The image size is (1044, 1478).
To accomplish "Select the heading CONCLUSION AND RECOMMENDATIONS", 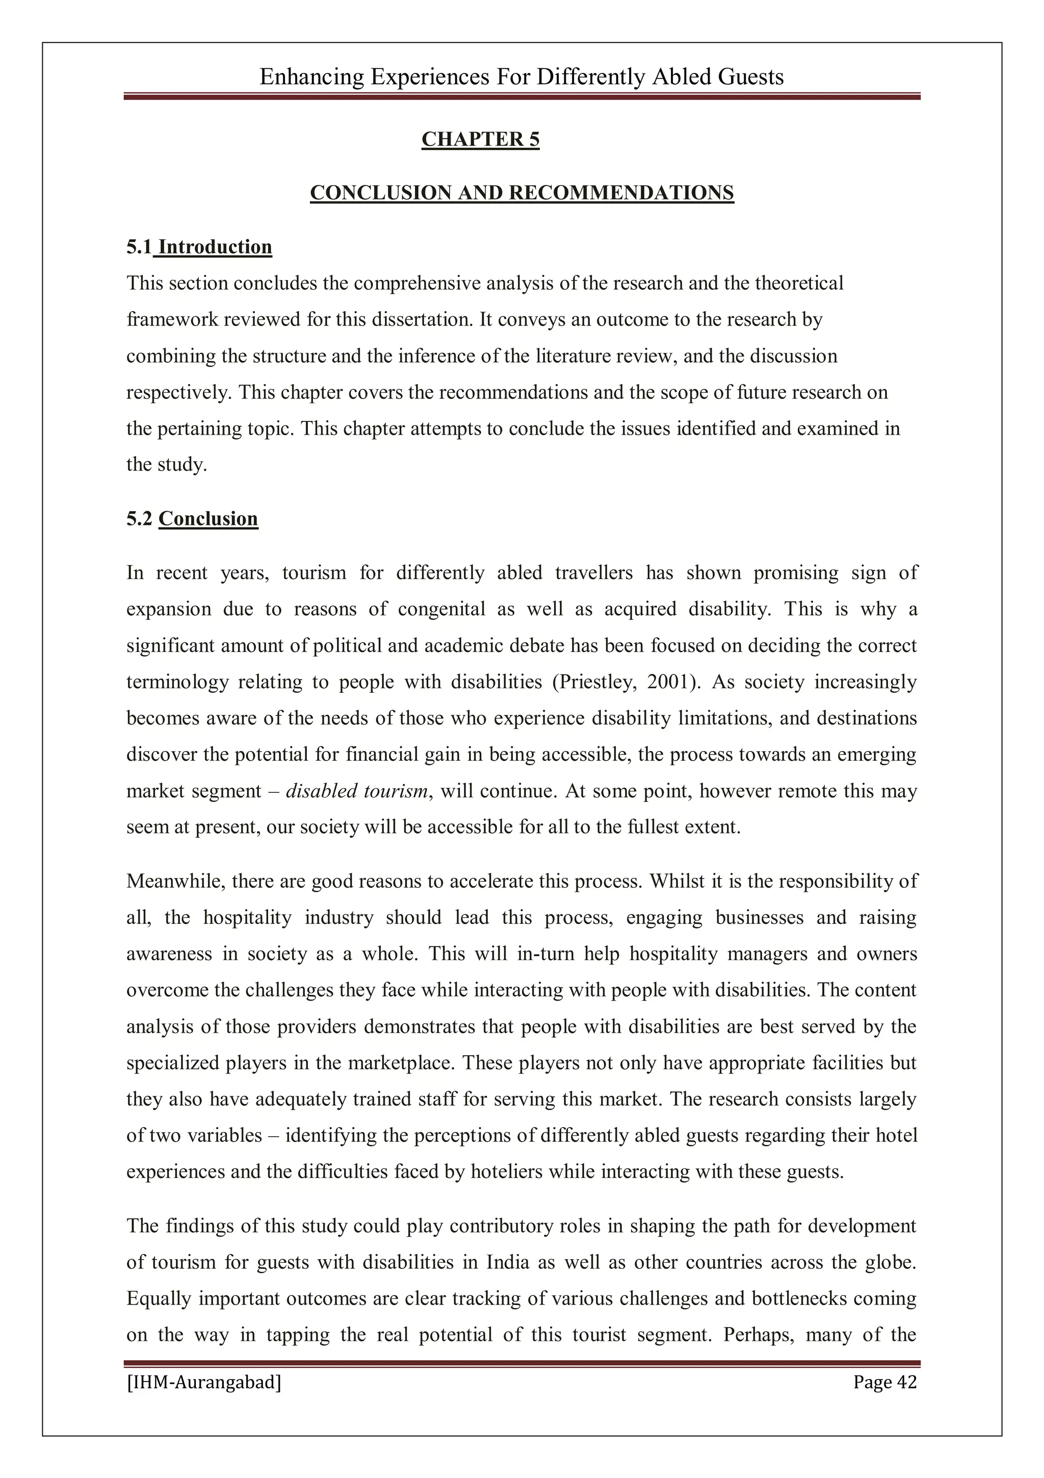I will point(521,193).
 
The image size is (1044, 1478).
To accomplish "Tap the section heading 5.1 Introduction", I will point(199,247).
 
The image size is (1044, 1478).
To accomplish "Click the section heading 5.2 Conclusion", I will point(192,519).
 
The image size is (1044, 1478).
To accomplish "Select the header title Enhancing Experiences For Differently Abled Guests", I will point(521,77).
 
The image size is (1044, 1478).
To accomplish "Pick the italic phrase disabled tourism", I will point(356,791).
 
